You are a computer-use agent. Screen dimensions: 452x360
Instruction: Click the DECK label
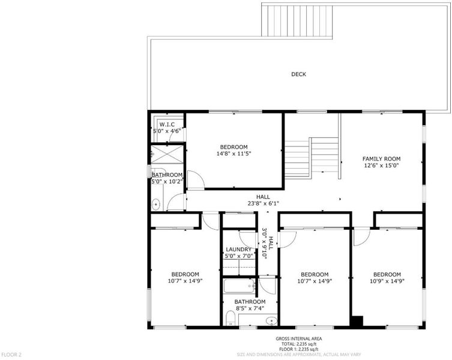298,74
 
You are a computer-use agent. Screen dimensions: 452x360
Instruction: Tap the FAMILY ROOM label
381,159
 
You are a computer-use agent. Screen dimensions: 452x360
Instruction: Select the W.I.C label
167,125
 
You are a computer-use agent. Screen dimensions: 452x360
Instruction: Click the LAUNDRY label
238,250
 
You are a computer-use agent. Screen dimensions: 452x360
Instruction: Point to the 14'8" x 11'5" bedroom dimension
234,154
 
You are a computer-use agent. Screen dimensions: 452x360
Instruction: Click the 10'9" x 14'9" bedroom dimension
387,281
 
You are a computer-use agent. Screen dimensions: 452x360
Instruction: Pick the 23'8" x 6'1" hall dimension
263,204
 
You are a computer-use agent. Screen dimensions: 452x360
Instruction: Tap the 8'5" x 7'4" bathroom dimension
250,308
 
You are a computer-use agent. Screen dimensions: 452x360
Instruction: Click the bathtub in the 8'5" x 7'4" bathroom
240,286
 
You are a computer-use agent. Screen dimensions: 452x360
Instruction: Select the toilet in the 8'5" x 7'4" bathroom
231,318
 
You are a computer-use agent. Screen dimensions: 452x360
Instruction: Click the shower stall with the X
167,154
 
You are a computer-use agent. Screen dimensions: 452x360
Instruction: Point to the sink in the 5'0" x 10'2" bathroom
155,205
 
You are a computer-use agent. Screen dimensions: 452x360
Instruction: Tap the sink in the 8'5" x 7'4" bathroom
271,320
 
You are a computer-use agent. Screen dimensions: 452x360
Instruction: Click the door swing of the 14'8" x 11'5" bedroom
196,179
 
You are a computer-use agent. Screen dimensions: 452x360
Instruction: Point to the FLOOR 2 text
11,355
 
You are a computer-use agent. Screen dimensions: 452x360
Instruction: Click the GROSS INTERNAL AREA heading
299,339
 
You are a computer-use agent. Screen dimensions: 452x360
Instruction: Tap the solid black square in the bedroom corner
357,321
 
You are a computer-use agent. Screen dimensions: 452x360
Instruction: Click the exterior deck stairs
297,21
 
